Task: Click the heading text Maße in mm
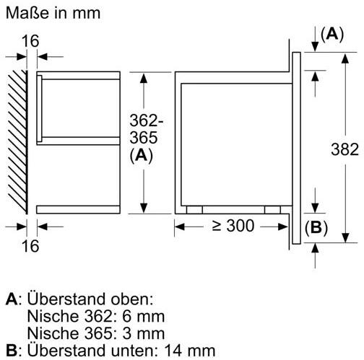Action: [x=53, y=12]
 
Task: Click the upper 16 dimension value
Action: [x=30, y=41]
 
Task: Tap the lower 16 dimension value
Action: [x=30, y=246]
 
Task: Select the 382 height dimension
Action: [x=344, y=149]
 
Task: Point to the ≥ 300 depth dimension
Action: [x=233, y=226]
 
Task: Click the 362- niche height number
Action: [x=147, y=120]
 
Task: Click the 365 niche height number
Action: [x=144, y=137]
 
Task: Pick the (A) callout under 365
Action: [x=142, y=156]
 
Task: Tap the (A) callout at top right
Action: [x=332, y=35]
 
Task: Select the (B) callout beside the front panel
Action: [x=316, y=227]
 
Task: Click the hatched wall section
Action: [x=17, y=142]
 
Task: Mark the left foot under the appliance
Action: [x=194, y=210]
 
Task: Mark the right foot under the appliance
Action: [x=272, y=210]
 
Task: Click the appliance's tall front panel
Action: [x=297, y=148]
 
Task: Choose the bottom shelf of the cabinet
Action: [x=78, y=209]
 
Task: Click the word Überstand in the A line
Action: [x=66, y=299]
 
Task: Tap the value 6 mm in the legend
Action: [x=144, y=316]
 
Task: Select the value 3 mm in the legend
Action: [x=144, y=333]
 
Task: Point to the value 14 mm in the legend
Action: [x=190, y=351]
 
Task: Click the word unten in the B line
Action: [x=131, y=351]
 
